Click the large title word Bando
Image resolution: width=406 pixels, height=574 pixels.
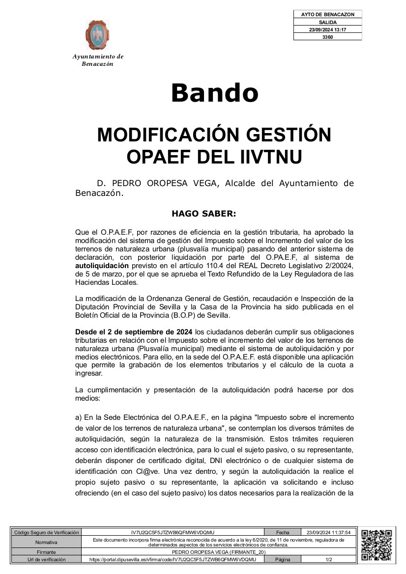pos(214,93)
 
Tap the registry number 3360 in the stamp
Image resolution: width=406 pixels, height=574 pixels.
pos(327,37)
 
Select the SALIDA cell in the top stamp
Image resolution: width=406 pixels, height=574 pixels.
pos(327,22)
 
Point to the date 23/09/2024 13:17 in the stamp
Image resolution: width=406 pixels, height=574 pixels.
pos(327,29)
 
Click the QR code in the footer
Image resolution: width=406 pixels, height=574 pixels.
pos(377,545)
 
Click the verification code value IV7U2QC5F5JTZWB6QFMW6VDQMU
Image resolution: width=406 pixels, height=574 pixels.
pos(173,532)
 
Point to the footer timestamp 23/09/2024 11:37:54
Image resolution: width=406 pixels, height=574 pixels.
pos(328,532)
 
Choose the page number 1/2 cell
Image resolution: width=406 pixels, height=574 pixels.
pos(328,559)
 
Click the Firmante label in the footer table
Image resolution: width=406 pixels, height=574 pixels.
pos(46,552)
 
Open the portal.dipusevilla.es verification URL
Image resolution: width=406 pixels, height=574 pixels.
pos(173,559)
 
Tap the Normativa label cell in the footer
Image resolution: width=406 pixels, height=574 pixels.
pos(46,542)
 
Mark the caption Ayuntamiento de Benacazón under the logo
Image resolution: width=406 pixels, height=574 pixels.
pos(98,60)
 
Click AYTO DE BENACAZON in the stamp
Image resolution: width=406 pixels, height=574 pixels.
pos(327,15)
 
